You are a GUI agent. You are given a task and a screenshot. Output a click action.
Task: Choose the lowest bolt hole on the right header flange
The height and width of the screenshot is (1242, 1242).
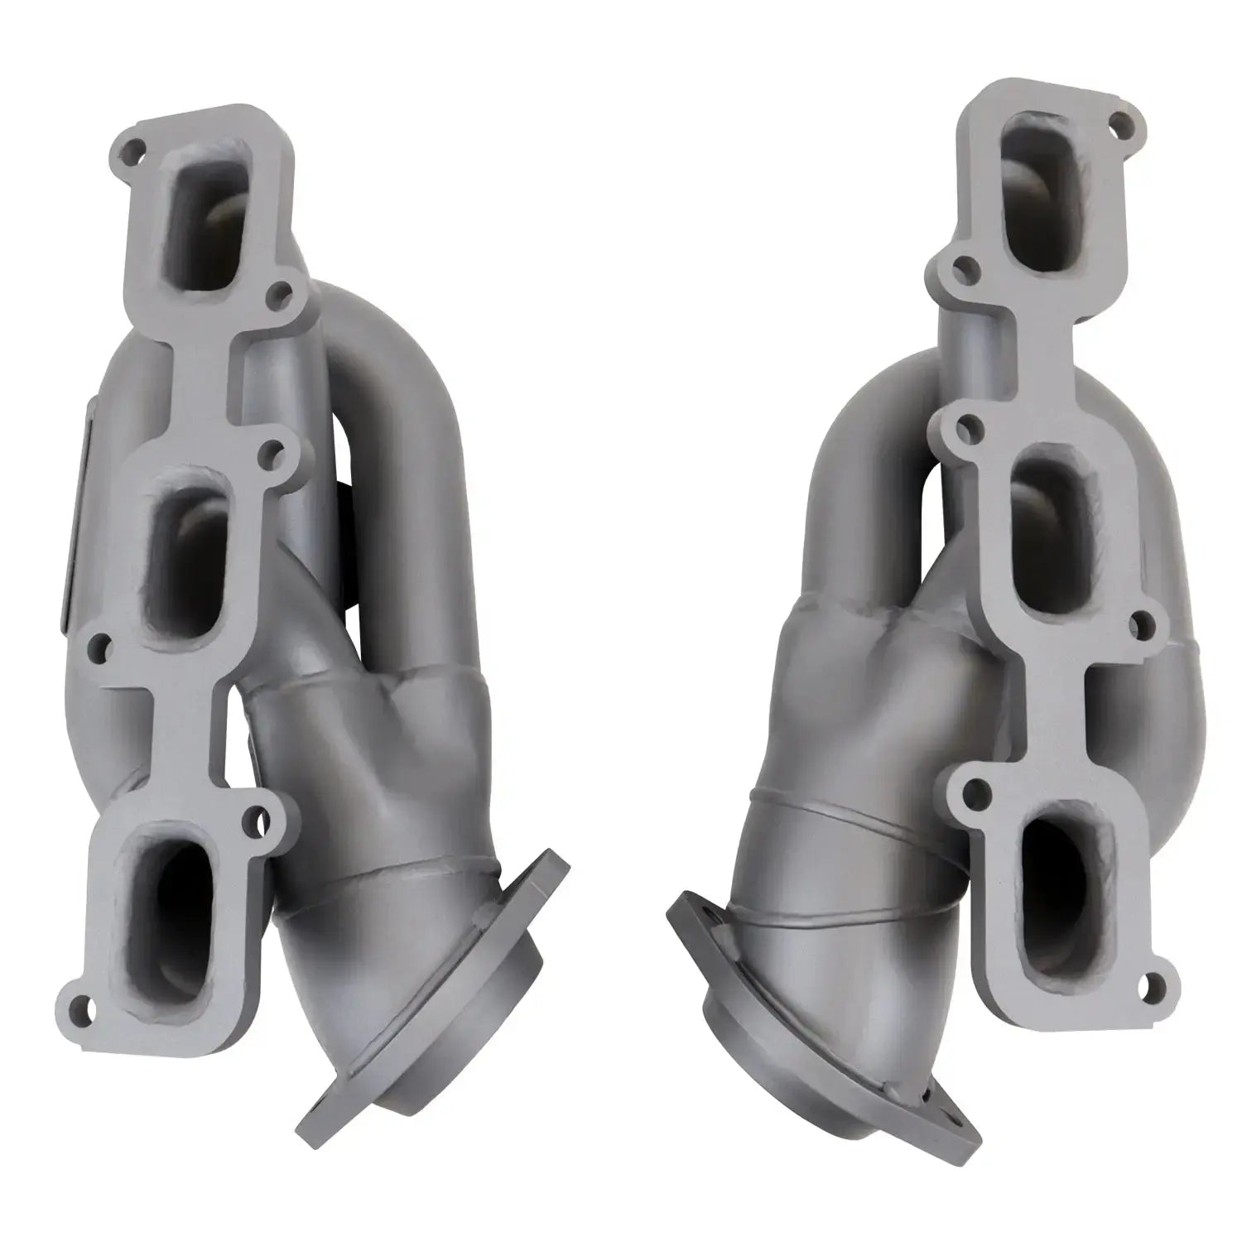pos(1146,986)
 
